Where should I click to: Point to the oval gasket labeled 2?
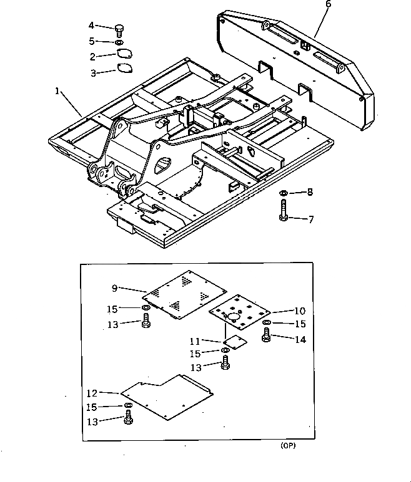124,55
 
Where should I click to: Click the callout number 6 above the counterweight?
329,4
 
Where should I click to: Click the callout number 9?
114,288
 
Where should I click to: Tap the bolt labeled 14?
265,337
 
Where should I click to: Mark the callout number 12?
92,393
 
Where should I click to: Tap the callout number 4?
91,26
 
